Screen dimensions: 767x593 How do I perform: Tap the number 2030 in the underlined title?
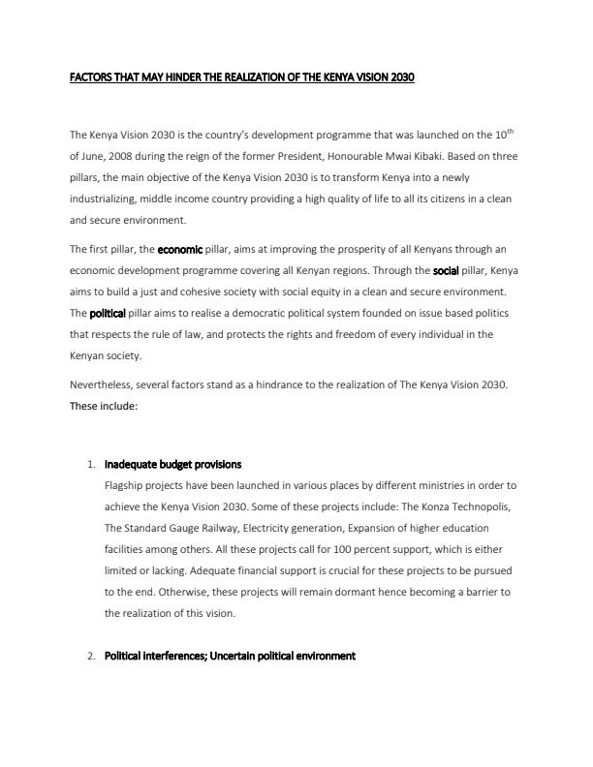[x=400, y=77]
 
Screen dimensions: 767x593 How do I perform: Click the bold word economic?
[x=179, y=249]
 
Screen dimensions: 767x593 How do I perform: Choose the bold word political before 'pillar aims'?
[x=108, y=313]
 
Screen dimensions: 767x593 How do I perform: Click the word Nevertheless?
[x=102, y=384]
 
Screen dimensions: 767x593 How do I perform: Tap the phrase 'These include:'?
[x=104, y=406]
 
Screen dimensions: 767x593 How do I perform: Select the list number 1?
[x=90, y=465]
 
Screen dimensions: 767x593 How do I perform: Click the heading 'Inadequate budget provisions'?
[x=172, y=465]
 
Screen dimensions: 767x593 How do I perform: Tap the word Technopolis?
[x=474, y=506]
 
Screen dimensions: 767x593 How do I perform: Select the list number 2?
[x=90, y=656]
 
